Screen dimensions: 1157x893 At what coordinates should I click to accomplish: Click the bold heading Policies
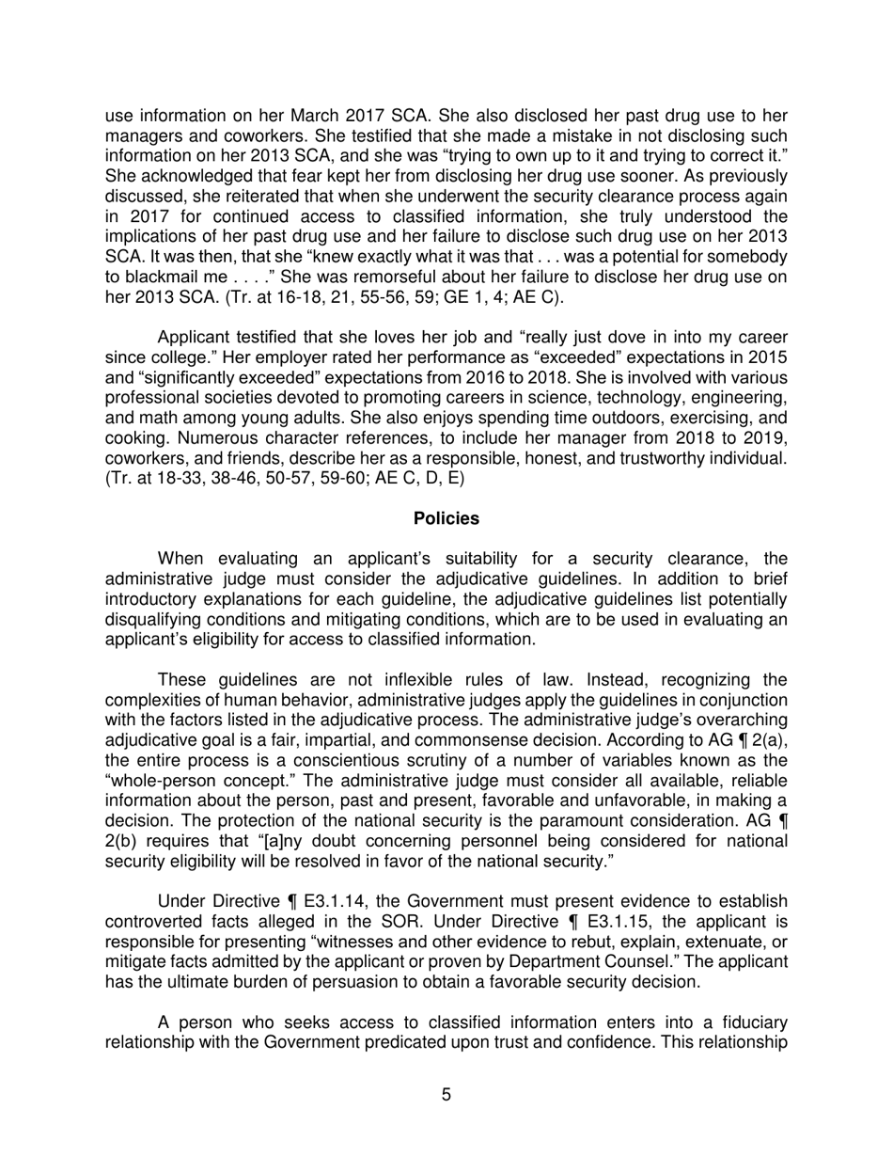click(446, 518)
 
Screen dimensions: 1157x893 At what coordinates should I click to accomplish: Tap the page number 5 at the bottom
click(446, 1095)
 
